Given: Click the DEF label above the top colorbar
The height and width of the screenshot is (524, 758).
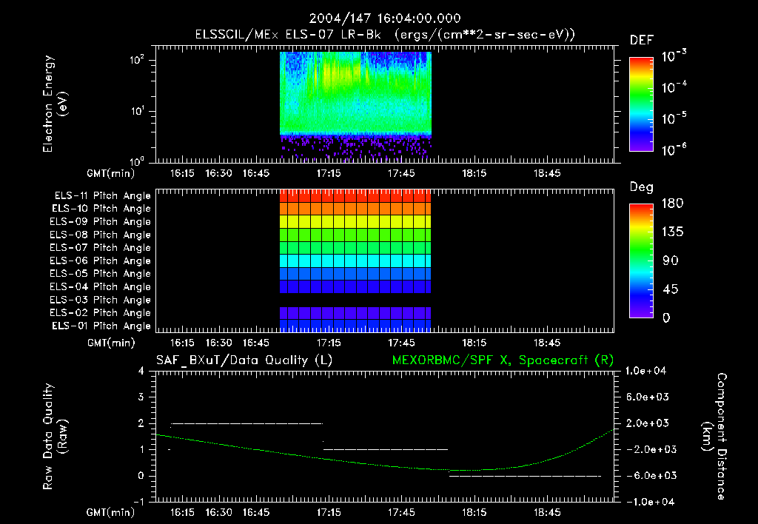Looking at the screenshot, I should point(641,41).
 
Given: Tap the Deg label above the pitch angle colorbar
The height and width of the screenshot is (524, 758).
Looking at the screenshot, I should point(641,187).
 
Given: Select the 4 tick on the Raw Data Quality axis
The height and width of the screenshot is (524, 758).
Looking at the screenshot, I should point(140,372).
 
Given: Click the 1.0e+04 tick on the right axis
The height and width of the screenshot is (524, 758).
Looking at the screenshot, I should point(648,371).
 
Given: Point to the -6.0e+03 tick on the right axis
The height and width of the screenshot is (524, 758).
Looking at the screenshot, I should point(648,475).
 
